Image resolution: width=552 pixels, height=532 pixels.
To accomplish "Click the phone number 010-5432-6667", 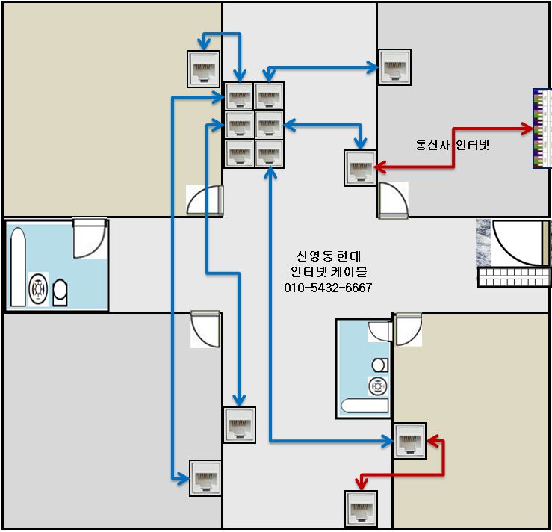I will [328, 288].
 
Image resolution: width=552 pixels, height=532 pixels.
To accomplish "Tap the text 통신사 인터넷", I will [452, 145].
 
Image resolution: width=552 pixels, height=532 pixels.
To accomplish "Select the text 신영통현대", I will [328, 255].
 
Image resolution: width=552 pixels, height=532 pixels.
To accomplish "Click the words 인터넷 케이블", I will [328, 271].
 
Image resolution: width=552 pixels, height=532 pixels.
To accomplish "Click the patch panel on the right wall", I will [542, 129].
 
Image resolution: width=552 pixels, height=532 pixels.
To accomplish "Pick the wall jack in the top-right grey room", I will [394, 68].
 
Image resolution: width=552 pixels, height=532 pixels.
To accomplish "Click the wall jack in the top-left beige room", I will [203, 69].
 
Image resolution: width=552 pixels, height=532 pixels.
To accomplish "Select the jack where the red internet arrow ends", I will [359, 167].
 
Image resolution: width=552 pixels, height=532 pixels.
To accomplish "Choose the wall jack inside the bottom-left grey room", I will [205, 478].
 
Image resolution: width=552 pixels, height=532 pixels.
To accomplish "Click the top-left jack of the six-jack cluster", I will [240, 96].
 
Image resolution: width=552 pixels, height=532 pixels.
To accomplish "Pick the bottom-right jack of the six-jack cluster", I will [269, 153].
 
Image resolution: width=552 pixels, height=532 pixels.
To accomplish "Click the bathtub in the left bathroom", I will [17, 267].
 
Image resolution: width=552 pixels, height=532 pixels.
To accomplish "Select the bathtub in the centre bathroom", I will [365, 406].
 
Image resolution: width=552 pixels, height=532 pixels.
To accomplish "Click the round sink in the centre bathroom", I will [378, 386].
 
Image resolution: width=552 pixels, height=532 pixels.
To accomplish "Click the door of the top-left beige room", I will [205, 200].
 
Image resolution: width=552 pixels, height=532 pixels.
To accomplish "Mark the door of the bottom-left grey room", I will [205, 328].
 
